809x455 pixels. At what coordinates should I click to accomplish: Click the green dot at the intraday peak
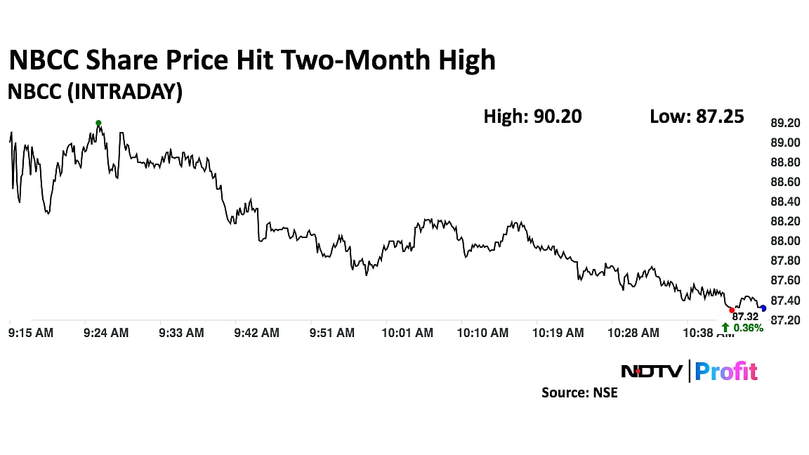point(98,123)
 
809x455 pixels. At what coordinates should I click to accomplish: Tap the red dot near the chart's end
point(732,310)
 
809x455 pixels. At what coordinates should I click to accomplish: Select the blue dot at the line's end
point(763,308)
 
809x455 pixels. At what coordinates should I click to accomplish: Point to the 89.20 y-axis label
point(785,123)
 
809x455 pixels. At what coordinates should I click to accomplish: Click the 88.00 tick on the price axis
point(785,241)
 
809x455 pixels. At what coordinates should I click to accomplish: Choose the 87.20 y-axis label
point(785,319)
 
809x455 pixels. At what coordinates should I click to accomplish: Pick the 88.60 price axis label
point(785,182)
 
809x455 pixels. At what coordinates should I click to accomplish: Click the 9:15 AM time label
point(31,333)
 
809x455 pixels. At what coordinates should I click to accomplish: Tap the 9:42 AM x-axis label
point(257,333)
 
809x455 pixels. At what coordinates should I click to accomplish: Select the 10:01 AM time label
point(408,333)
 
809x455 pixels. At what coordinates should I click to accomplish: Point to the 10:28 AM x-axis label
point(634,333)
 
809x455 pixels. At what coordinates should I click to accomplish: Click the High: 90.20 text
point(532,116)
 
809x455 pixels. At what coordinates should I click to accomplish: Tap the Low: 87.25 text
point(697,116)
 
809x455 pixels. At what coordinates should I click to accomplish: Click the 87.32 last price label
point(745,317)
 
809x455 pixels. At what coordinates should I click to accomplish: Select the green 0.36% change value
point(749,327)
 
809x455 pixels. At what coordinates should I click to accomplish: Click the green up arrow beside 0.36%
point(725,327)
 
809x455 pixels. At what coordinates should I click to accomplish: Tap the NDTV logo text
point(650,371)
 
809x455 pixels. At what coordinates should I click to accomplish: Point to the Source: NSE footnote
point(579,393)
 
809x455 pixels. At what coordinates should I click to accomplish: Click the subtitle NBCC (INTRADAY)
point(95,92)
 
